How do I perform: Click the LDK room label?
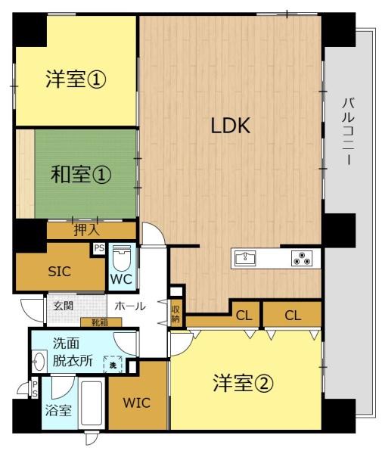point(231,126)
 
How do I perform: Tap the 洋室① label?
point(76,79)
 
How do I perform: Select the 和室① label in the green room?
point(81,175)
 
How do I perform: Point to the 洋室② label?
point(243,383)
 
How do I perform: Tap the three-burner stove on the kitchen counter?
point(302,258)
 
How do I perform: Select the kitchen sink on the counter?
point(245,258)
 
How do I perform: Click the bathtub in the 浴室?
point(92,405)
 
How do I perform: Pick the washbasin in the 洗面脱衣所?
point(39,362)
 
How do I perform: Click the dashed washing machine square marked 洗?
point(113,365)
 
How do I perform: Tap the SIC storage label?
point(59,272)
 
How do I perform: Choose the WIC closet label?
point(137,403)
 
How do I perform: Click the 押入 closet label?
point(87,230)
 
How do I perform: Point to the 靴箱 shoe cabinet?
point(101,322)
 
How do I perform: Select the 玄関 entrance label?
point(63,306)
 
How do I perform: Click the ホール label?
point(130,306)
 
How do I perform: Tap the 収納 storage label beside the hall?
point(175,314)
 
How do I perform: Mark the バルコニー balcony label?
point(349,132)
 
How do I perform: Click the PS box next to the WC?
point(99,248)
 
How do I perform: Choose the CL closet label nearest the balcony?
point(293,316)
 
